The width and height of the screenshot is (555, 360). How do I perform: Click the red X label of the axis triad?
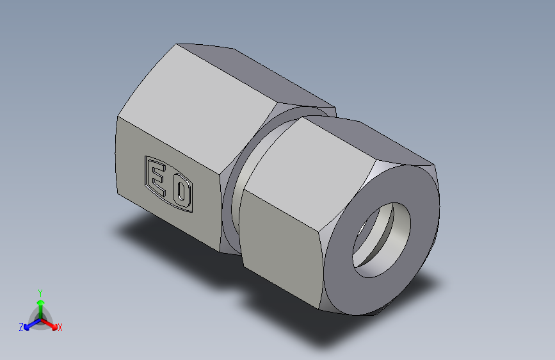[60, 327]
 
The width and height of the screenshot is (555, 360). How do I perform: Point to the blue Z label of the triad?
[21, 327]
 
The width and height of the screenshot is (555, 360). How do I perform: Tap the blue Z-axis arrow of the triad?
[29, 324]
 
